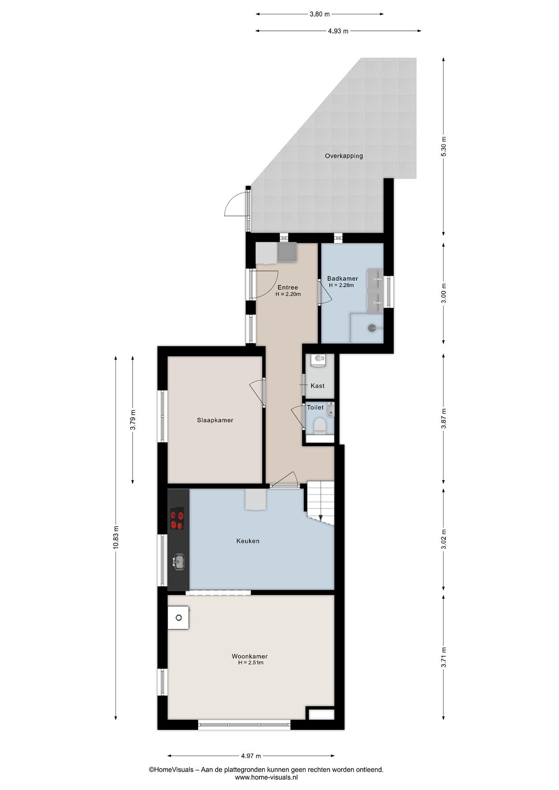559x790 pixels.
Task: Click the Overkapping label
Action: [x=344, y=156]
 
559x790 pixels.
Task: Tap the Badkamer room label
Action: [x=342, y=278]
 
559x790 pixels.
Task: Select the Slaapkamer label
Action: [x=215, y=420]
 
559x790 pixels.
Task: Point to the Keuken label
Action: [x=248, y=541]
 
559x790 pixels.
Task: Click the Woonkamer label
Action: [x=249, y=656]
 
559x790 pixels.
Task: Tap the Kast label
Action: [x=317, y=386]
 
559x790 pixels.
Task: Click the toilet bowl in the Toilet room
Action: [x=320, y=426]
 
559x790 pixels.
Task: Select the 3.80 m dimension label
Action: [x=320, y=14]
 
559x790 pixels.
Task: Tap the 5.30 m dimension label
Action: [x=444, y=146]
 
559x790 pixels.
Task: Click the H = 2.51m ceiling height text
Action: [x=251, y=663]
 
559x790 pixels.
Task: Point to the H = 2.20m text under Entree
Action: [x=288, y=294]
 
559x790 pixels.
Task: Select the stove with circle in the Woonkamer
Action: [x=178, y=618]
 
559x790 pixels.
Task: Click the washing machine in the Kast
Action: [x=318, y=360]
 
